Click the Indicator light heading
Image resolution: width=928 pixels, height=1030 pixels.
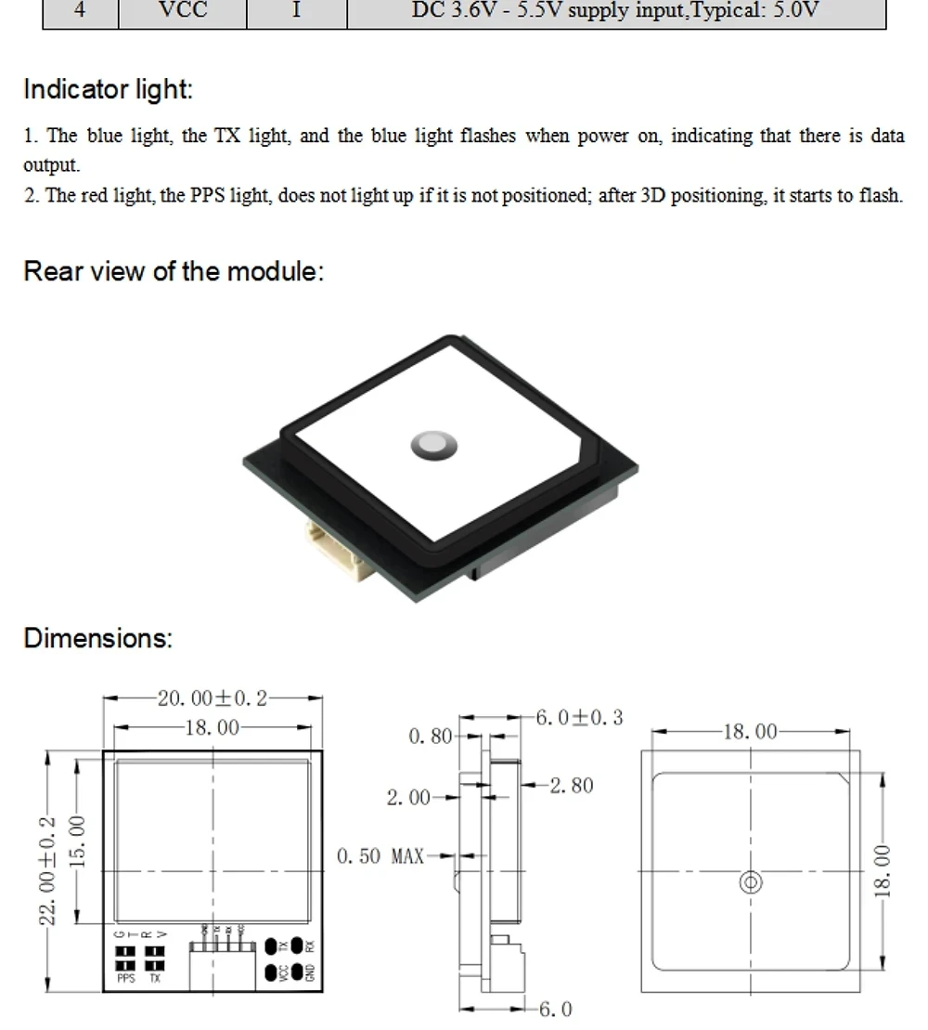tap(108, 90)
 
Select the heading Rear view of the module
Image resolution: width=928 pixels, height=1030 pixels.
tap(174, 272)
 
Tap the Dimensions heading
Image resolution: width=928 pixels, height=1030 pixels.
tap(97, 639)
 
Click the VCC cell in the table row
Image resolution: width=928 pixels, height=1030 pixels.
tap(183, 12)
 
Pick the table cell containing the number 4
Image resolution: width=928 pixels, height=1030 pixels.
tap(81, 12)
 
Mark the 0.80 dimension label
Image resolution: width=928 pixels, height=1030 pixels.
tap(430, 737)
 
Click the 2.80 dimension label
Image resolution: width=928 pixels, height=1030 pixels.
tap(571, 786)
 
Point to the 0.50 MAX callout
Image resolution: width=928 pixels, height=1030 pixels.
tap(380, 855)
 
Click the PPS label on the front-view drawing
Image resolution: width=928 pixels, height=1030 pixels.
tap(126, 978)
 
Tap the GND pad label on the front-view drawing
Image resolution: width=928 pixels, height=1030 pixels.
tap(310, 972)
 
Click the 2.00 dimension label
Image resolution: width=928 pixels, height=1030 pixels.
tap(408, 797)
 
